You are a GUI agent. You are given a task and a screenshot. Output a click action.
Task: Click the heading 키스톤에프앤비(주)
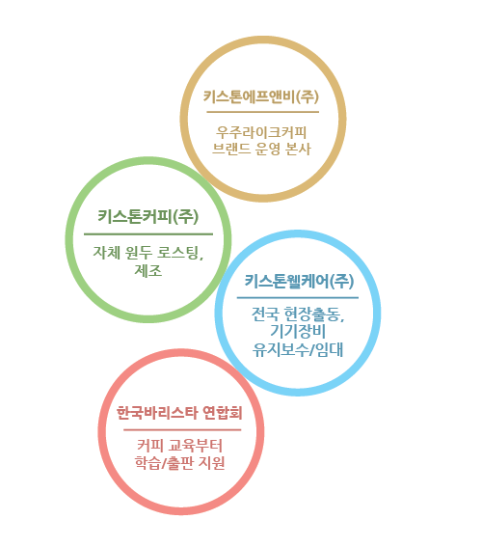click(x=261, y=96)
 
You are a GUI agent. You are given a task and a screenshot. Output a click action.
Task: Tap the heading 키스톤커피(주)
click(x=148, y=217)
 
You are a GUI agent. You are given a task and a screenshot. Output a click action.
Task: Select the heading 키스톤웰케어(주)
click(x=299, y=281)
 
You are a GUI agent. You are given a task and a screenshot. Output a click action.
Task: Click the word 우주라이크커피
click(x=261, y=132)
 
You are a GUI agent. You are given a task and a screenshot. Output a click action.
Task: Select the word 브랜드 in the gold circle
click(x=231, y=149)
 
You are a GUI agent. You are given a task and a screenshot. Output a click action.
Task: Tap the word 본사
click(x=298, y=149)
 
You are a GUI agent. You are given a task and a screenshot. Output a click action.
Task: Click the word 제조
click(x=148, y=270)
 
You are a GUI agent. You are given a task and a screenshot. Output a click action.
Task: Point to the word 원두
click(x=137, y=253)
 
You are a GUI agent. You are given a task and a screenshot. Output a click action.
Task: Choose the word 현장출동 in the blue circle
click(x=314, y=314)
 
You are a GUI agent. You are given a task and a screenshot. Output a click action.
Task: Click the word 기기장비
click(x=298, y=331)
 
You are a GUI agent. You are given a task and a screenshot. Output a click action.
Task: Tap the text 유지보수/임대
click(x=298, y=349)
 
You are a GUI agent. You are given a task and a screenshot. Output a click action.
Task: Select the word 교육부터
click(x=195, y=446)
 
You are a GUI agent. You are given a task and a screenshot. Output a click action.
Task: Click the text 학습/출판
click(x=164, y=463)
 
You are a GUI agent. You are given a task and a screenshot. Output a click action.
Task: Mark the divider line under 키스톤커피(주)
click(x=148, y=234)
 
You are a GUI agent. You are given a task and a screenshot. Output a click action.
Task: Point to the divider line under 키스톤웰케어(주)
click(x=298, y=298)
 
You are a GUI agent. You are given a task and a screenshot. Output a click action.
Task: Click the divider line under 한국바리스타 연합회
click(x=182, y=430)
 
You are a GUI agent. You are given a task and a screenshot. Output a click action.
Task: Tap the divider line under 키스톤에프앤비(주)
click(x=263, y=112)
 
